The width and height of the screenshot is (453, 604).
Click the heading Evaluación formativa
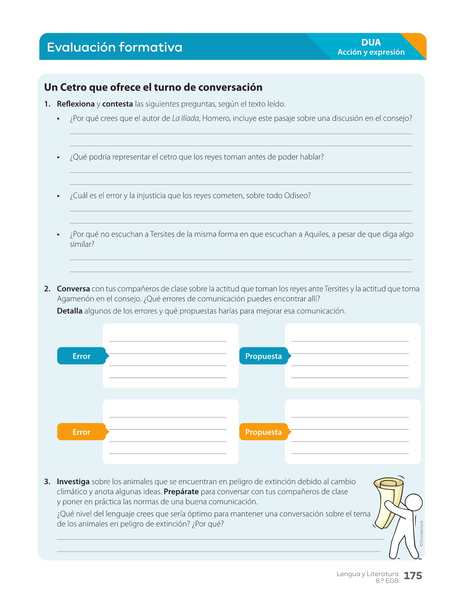pyautogui.click(x=114, y=47)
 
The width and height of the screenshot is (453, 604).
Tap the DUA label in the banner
pyautogui.click(x=371, y=43)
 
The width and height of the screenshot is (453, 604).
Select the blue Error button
pyautogui.click(x=82, y=356)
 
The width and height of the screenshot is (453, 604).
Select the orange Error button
pyautogui.click(x=82, y=432)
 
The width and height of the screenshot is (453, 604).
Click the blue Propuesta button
pyautogui.click(x=263, y=356)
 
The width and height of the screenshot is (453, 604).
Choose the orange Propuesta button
pyautogui.click(x=263, y=432)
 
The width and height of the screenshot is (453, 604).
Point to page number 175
pyautogui.click(x=413, y=576)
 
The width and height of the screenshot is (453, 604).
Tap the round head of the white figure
pyautogui.click(x=414, y=502)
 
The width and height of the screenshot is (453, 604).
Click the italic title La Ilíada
pyautogui.click(x=185, y=118)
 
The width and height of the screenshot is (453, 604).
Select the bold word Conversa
pyautogui.click(x=73, y=289)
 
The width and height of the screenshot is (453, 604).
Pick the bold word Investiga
pyautogui.click(x=73, y=482)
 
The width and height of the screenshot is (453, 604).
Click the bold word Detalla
pyautogui.click(x=69, y=311)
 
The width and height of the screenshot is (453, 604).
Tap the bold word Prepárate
pyautogui.click(x=181, y=492)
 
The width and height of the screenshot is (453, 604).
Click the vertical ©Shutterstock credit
pyautogui.click(x=421, y=534)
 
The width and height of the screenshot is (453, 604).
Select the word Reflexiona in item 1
pyautogui.click(x=75, y=104)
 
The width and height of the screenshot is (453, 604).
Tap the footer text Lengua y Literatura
pyautogui.click(x=367, y=574)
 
